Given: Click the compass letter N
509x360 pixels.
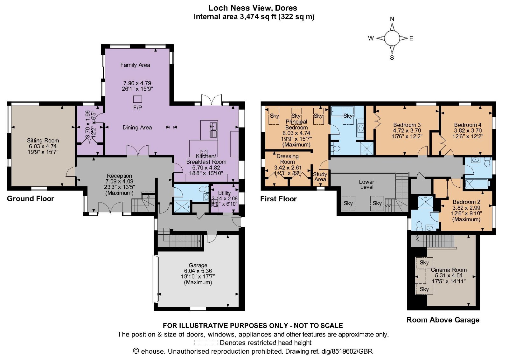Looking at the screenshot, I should tap(392, 19).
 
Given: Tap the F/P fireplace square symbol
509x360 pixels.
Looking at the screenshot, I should tap(137, 99).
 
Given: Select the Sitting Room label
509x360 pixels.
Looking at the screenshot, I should tap(43, 140).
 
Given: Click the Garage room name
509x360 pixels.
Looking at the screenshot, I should tap(198, 265).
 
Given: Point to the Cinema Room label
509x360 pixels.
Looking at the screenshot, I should tap(449, 270).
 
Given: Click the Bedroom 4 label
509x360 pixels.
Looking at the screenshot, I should tap(468, 125).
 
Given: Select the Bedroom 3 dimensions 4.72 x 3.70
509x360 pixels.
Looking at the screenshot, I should tap(407, 130).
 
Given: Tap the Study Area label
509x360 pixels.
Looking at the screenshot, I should tap(320, 177).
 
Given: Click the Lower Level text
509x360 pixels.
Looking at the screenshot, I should tap(366, 184).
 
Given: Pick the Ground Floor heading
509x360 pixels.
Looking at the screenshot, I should tap(31, 199).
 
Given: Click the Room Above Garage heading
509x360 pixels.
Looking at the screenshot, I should tap(443, 320).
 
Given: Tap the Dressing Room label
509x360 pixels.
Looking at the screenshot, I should tap(287, 159).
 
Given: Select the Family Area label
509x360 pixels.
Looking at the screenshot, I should tap(135, 65).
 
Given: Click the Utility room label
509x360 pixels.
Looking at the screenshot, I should tap(224, 193).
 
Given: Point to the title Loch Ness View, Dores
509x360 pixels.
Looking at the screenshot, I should tap(253, 8).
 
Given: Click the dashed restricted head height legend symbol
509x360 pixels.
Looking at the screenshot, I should tap(206, 343).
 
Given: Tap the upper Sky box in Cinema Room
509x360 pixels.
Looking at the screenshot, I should tap(424, 263).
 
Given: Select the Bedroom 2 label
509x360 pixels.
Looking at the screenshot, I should tap(466, 202).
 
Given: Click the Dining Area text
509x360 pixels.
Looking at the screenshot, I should tap(137, 128).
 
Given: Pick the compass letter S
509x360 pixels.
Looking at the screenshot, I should tap(392, 58).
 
